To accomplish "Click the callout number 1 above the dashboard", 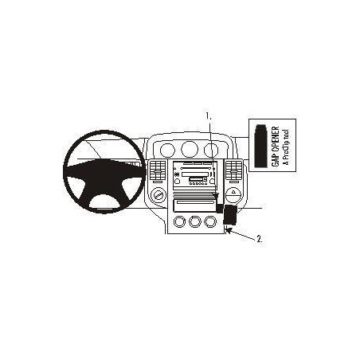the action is [209, 116].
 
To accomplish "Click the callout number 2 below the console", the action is [260, 239].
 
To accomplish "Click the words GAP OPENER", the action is [276, 147].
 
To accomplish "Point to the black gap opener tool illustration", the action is [260, 146].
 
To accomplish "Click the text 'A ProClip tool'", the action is [286, 147].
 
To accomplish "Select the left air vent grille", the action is [158, 170].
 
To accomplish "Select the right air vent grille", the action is [234, 170].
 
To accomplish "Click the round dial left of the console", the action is [158, 196].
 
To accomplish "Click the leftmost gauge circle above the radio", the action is [167, 150].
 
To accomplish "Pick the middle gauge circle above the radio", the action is [190, 149].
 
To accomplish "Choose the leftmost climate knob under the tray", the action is [179, 221].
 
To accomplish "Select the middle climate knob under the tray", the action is [195, 221].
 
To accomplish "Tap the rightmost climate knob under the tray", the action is [210, 221].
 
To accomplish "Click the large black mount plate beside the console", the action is [230, 215].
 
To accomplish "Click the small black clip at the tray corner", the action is [220, 209].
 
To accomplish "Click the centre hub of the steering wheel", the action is [104, 176].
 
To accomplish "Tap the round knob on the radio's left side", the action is [177, 182].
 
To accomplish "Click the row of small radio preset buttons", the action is [198, 184].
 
